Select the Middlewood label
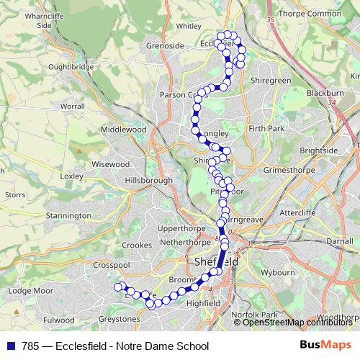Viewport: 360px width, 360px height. pos(124,130)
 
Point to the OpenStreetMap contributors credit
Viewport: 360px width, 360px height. pos(295,323)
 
